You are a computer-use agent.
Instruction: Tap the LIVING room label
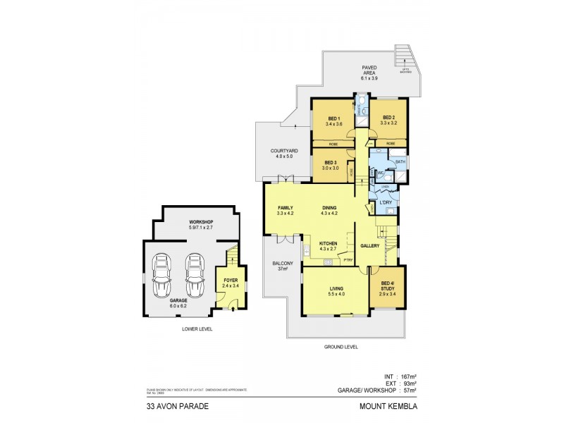click(x=335, y=289)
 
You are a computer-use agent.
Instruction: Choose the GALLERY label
click(x=370, y=246)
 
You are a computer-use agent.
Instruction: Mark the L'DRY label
click(x=386, y=203)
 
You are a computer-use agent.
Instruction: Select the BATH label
click(x=400, y=162)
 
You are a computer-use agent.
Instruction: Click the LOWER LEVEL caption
click(x=197, y=329)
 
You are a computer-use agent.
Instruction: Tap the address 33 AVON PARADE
click(x=168, y=405)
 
